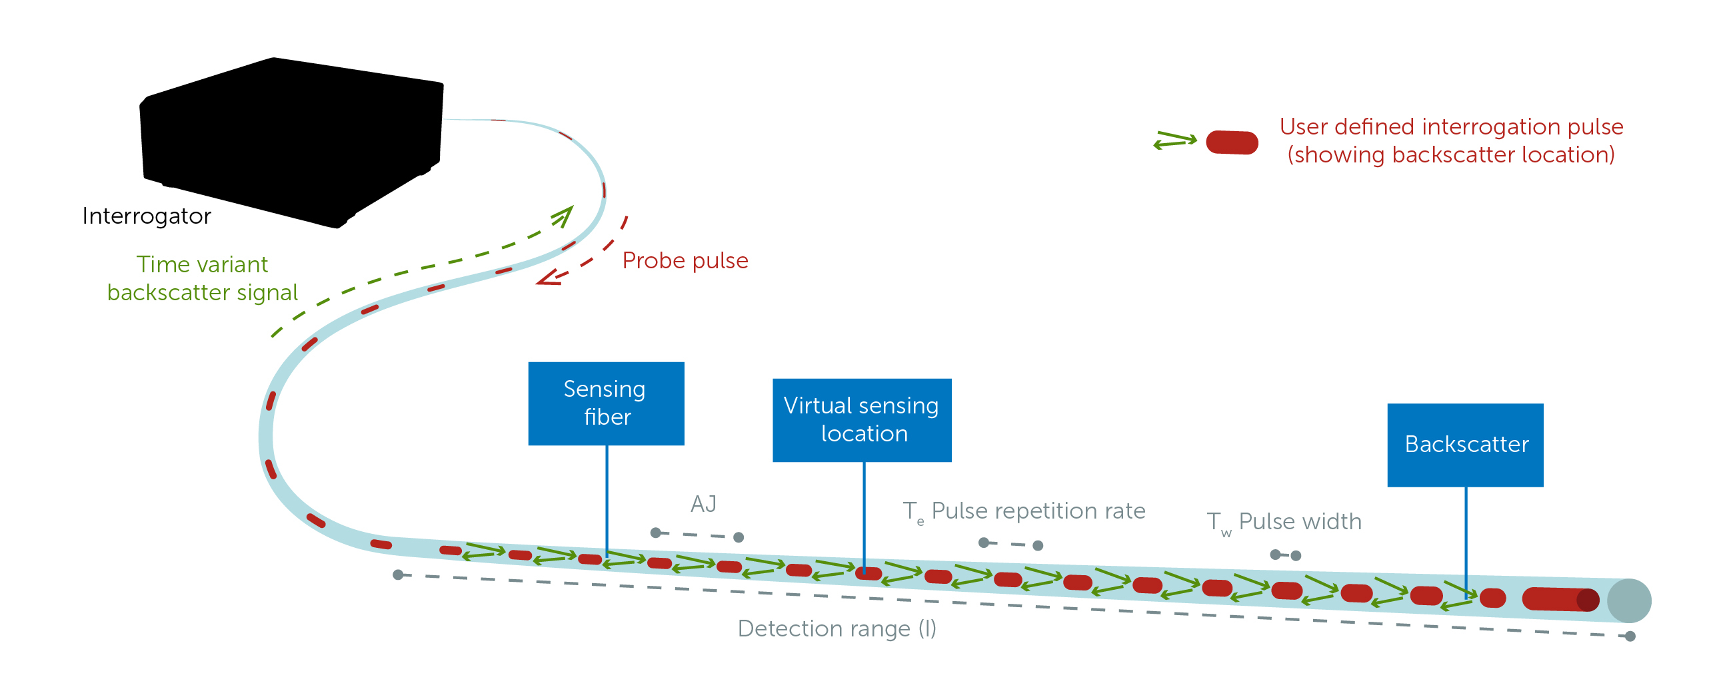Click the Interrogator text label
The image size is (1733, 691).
(147, 216)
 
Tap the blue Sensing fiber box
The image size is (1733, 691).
(605, 403)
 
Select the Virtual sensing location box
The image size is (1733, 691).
(861, 419)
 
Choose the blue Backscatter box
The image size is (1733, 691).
(1464, 444)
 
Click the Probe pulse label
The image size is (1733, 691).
(684, 261)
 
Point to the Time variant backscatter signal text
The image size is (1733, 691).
(202, 278)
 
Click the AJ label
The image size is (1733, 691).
(703, 504)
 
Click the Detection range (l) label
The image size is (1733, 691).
(837, 628)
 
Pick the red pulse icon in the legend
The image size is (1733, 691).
(1231, 142)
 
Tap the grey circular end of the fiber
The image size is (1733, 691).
(1629, 600)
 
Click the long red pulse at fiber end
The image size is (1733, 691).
(1560, 599)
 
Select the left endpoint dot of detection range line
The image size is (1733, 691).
(399, 575)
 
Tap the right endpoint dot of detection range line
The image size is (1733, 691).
(1630, 636)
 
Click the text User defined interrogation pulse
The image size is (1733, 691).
(1450, 127)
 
